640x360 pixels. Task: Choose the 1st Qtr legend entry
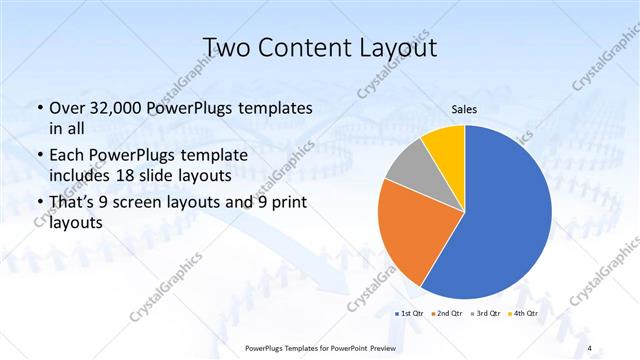coord(414,314)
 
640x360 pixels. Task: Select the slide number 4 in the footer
coord(590,347)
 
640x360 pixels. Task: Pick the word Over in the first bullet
coord(65,108)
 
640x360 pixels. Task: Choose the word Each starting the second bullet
coord(65,155)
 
